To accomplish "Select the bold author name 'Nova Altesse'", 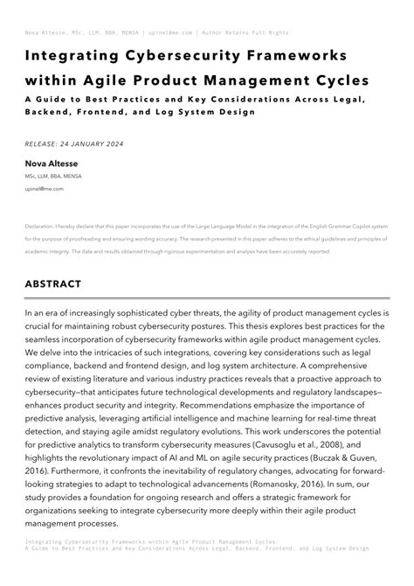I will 52,164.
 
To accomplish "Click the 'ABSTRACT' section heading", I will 53,284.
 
